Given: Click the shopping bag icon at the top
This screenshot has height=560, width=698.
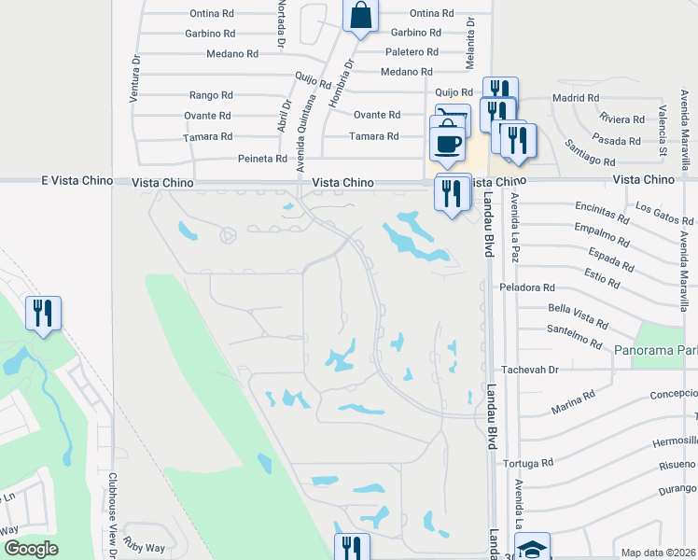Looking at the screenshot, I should tap(359, 16).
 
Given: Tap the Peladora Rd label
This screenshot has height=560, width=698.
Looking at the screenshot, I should tap(527, 287).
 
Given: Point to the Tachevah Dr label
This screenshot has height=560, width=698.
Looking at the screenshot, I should tap(528, 370).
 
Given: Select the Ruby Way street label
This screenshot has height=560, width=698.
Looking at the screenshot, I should tap(146, 549).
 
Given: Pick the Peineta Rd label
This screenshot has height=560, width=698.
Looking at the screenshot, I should tap(261, 159).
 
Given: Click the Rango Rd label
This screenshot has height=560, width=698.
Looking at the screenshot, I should tap(210, 95).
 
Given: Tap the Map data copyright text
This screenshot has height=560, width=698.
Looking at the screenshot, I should tap(657, 553).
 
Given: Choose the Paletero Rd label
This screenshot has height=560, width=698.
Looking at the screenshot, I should tap(412, 52).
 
